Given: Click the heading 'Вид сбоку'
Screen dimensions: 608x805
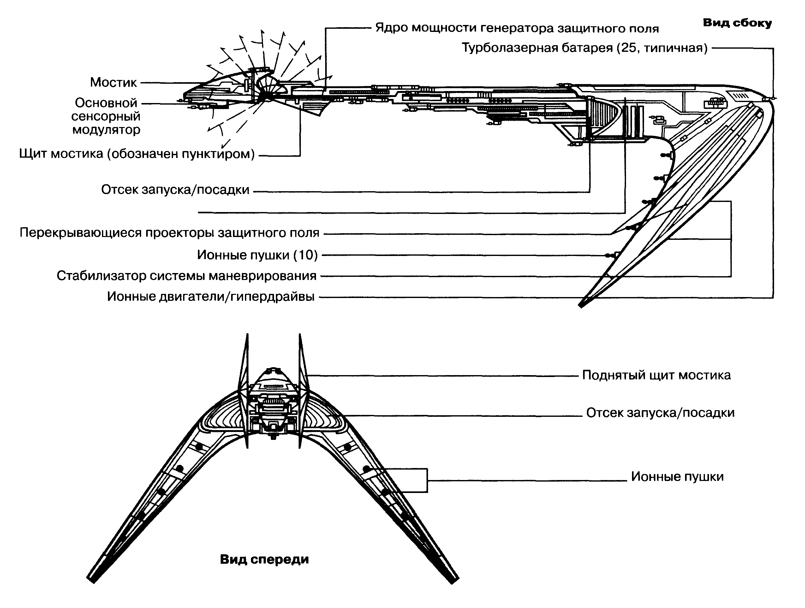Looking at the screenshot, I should [737, 23].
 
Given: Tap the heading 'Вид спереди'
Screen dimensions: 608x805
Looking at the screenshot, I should [264, 559].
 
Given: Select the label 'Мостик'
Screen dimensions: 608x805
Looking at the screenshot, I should [114, 83].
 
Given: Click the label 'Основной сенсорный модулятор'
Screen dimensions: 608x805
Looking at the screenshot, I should [106, 116].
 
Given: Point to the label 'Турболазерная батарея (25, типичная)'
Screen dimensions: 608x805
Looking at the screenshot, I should [584, 48].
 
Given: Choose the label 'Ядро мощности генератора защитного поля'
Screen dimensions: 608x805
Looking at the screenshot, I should [517, 28].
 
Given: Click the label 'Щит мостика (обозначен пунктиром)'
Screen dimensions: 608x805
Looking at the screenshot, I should [137, 154].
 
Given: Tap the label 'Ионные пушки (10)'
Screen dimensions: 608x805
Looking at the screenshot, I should [257, 255].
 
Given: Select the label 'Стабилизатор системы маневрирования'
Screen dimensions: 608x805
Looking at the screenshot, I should [186, 276].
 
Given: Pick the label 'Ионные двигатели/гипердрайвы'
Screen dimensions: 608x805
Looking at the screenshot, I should [211, 296].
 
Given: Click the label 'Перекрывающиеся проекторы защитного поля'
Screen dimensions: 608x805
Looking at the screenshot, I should [169, 233].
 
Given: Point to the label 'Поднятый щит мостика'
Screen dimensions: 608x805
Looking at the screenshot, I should [656, 375].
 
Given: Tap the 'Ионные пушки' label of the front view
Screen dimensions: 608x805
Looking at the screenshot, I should [677, 477].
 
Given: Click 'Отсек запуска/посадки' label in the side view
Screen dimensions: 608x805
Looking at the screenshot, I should [175, 190].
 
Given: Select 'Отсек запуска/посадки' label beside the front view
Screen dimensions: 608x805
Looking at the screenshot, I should [660, 413].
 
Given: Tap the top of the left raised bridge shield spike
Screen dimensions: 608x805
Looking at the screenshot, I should [247, 335].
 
